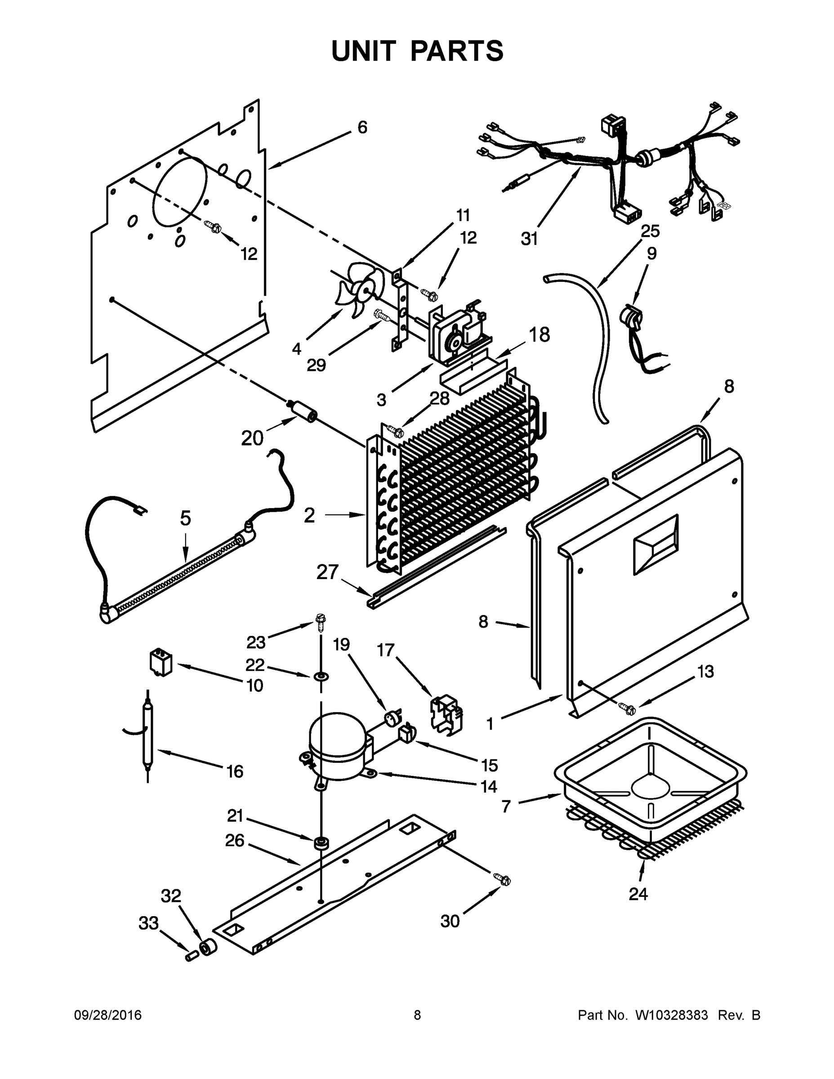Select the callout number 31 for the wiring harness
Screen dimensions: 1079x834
(529, 239)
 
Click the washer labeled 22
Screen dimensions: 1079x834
(321, 675)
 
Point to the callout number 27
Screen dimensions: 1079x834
(327, 572)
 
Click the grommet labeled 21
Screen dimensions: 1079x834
(321, 843)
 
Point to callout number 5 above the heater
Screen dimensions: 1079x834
(185, 518)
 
